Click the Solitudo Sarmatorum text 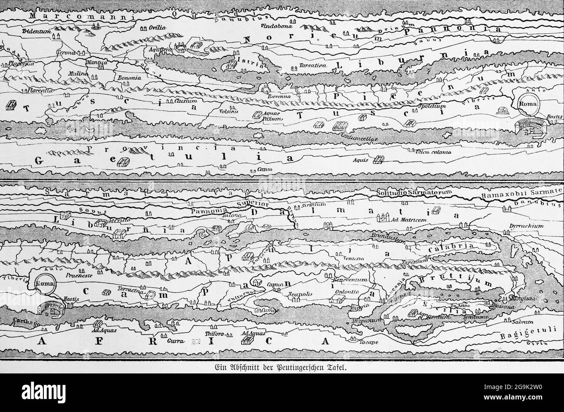tap(415, 192)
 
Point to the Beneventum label tap(354, 280)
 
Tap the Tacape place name tap(369, 342)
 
